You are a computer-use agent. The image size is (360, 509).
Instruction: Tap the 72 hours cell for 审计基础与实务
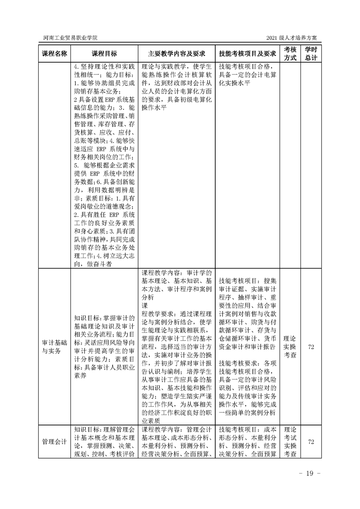[311, 347]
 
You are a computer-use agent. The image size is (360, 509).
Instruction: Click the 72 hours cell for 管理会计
[311, 442]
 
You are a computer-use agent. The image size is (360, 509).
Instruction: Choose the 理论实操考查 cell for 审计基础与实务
[290, 347]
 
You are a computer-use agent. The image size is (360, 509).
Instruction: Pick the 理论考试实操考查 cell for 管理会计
[290, 442]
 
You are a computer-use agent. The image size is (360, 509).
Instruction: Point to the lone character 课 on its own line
[145, 305]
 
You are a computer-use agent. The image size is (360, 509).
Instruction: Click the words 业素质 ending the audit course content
[151, 420]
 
